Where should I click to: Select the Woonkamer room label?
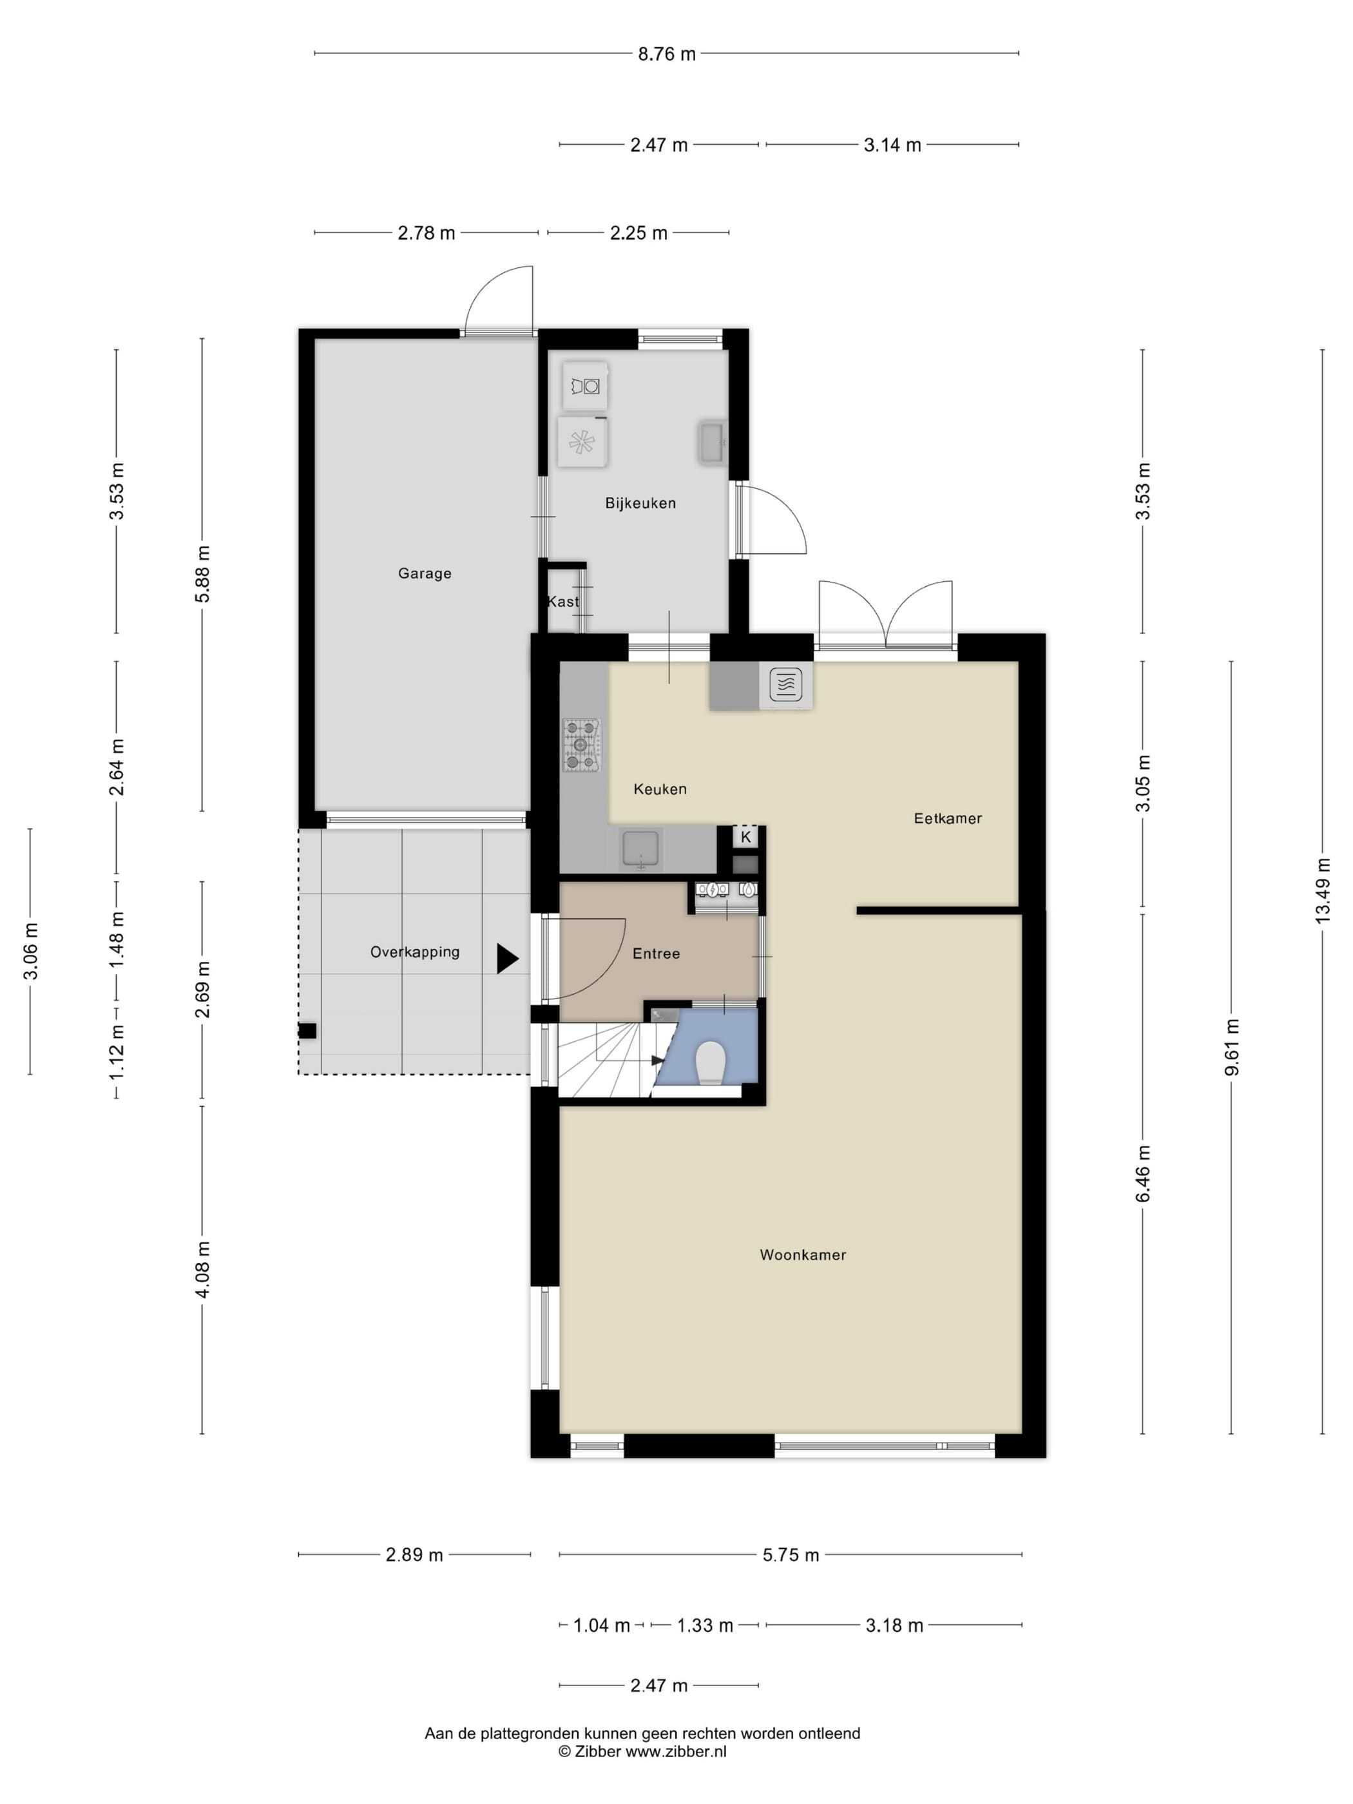pos(803,1255)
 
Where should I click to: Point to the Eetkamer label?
pos(948,818)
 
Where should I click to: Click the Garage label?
pos(424,573)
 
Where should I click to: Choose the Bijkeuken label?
pos(640,503)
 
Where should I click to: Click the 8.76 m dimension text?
pos(666,54)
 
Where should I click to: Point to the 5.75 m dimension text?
pos(791,1555)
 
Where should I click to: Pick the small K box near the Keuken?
pos(745,837)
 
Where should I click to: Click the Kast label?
pos(562,601)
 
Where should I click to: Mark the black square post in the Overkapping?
pos(307,1031)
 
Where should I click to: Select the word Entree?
pos(656,954)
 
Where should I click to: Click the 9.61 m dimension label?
pos(1231,1047)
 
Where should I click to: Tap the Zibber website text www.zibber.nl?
pos(675,1752)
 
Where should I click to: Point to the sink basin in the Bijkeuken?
pos(712,442)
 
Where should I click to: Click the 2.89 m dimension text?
pos(414,1555)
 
